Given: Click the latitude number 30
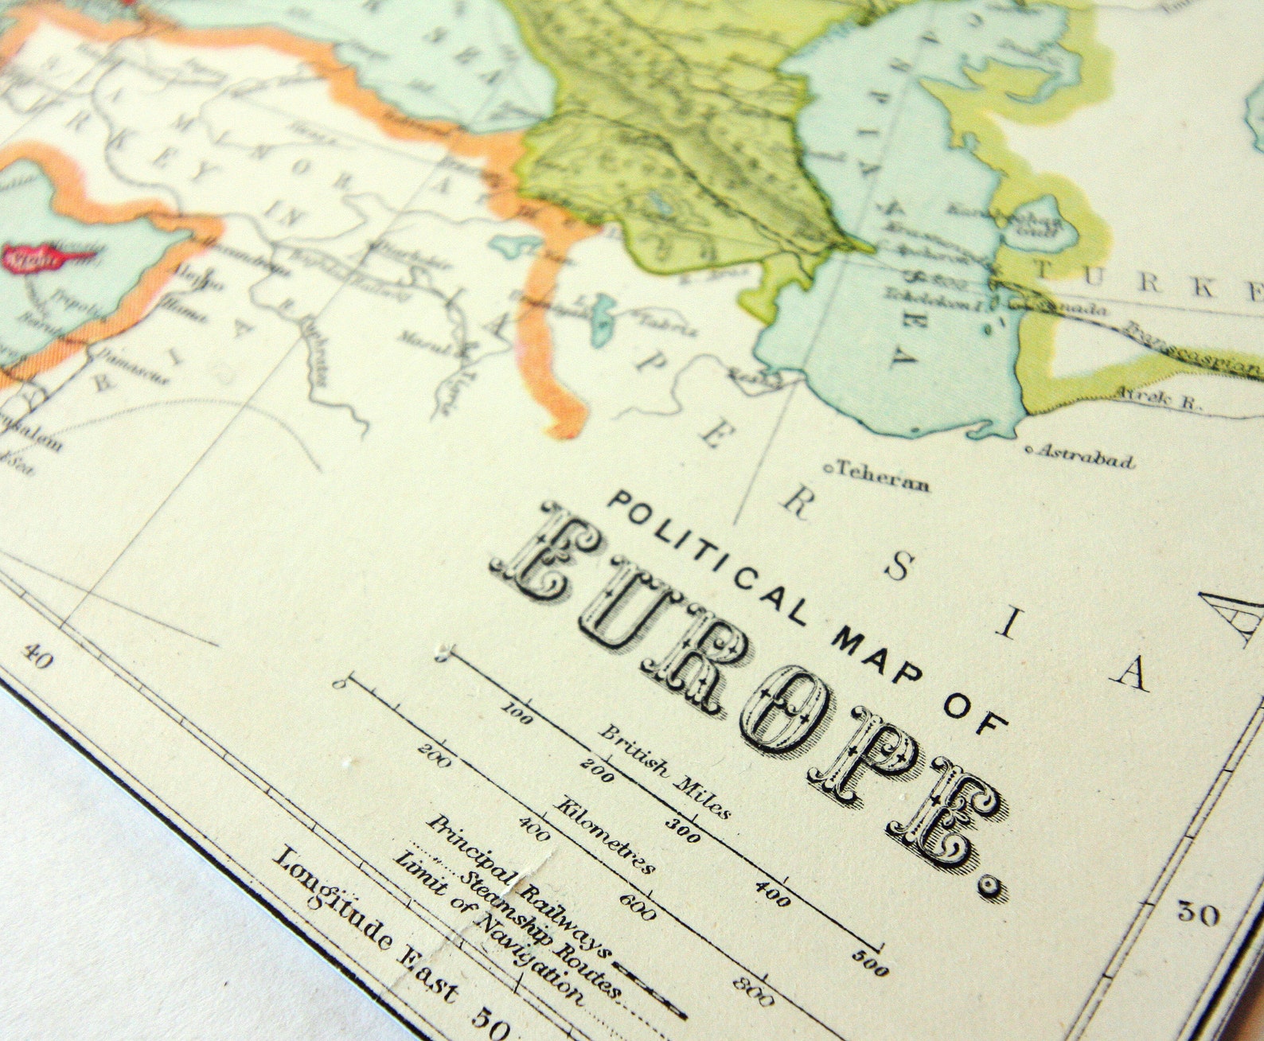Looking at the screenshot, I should [1198, 914].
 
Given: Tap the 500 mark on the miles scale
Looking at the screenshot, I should [870, 965].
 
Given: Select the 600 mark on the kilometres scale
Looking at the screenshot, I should [637, 906].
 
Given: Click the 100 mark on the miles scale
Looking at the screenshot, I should [518, 712].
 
